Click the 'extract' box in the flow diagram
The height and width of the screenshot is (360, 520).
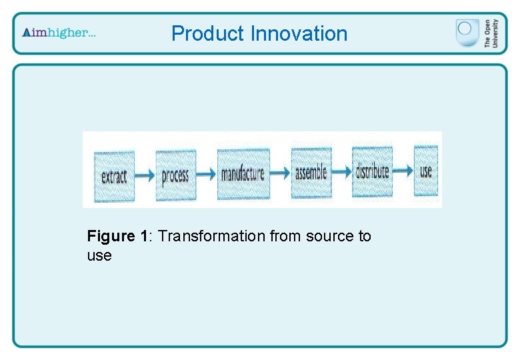point(114,177)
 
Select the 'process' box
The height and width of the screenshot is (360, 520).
point(175,176)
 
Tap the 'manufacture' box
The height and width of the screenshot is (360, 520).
point(243,175)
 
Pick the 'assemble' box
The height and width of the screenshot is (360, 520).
point(311,173)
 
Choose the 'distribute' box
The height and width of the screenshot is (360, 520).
point(371,171)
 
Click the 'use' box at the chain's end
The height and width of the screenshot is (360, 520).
point(426,171)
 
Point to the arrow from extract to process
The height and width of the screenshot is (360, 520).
point(145,177)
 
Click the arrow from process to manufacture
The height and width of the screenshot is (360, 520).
point(207,175)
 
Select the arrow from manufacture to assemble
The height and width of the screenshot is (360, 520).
point(280,173)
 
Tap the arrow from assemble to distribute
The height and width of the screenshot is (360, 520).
point(341,172)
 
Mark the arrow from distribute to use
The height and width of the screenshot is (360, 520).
point(401,171)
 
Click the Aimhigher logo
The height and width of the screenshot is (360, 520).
point(59,33)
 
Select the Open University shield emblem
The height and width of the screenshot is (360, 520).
point(467,32)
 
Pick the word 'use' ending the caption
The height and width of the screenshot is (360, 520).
point(99,255)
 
